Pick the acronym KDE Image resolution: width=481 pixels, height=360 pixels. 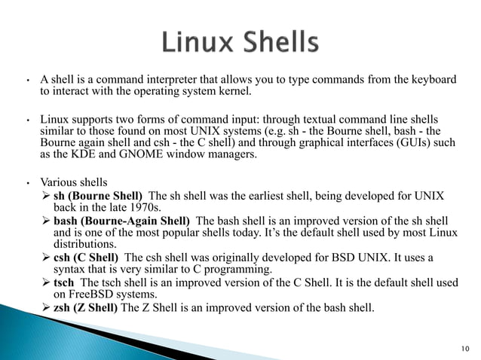tap(141, 155)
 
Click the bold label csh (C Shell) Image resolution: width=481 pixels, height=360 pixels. tap(88, 258)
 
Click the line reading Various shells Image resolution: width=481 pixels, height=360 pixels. tap(75, 182)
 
